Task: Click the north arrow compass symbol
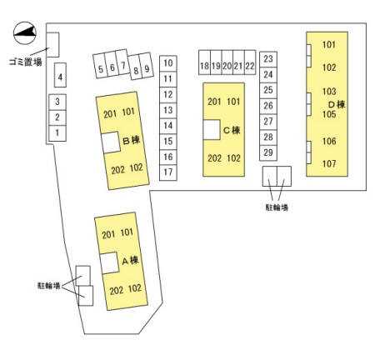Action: pos(25,32)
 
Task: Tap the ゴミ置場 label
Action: pos(26,62)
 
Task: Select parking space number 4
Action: pos(60,75)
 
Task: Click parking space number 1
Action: pos(57,133)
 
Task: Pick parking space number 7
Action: pos(122,62)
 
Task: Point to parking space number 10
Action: pos(168,63)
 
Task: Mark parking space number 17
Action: pos(168,172)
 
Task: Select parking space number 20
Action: pos(227,62)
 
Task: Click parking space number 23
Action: pos(268,59)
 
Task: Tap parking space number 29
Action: pos(268,152)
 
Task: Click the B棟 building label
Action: pos(131,140)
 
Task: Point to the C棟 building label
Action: pos(232,130)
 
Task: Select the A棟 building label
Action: pos(130,260)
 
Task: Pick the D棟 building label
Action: pos(337,104)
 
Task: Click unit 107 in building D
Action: pos(329,163)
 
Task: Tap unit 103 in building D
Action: pos(329,92)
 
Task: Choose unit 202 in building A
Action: pos(117,291)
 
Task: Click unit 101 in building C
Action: pos(233,102)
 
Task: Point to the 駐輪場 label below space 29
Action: pos(277,207)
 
